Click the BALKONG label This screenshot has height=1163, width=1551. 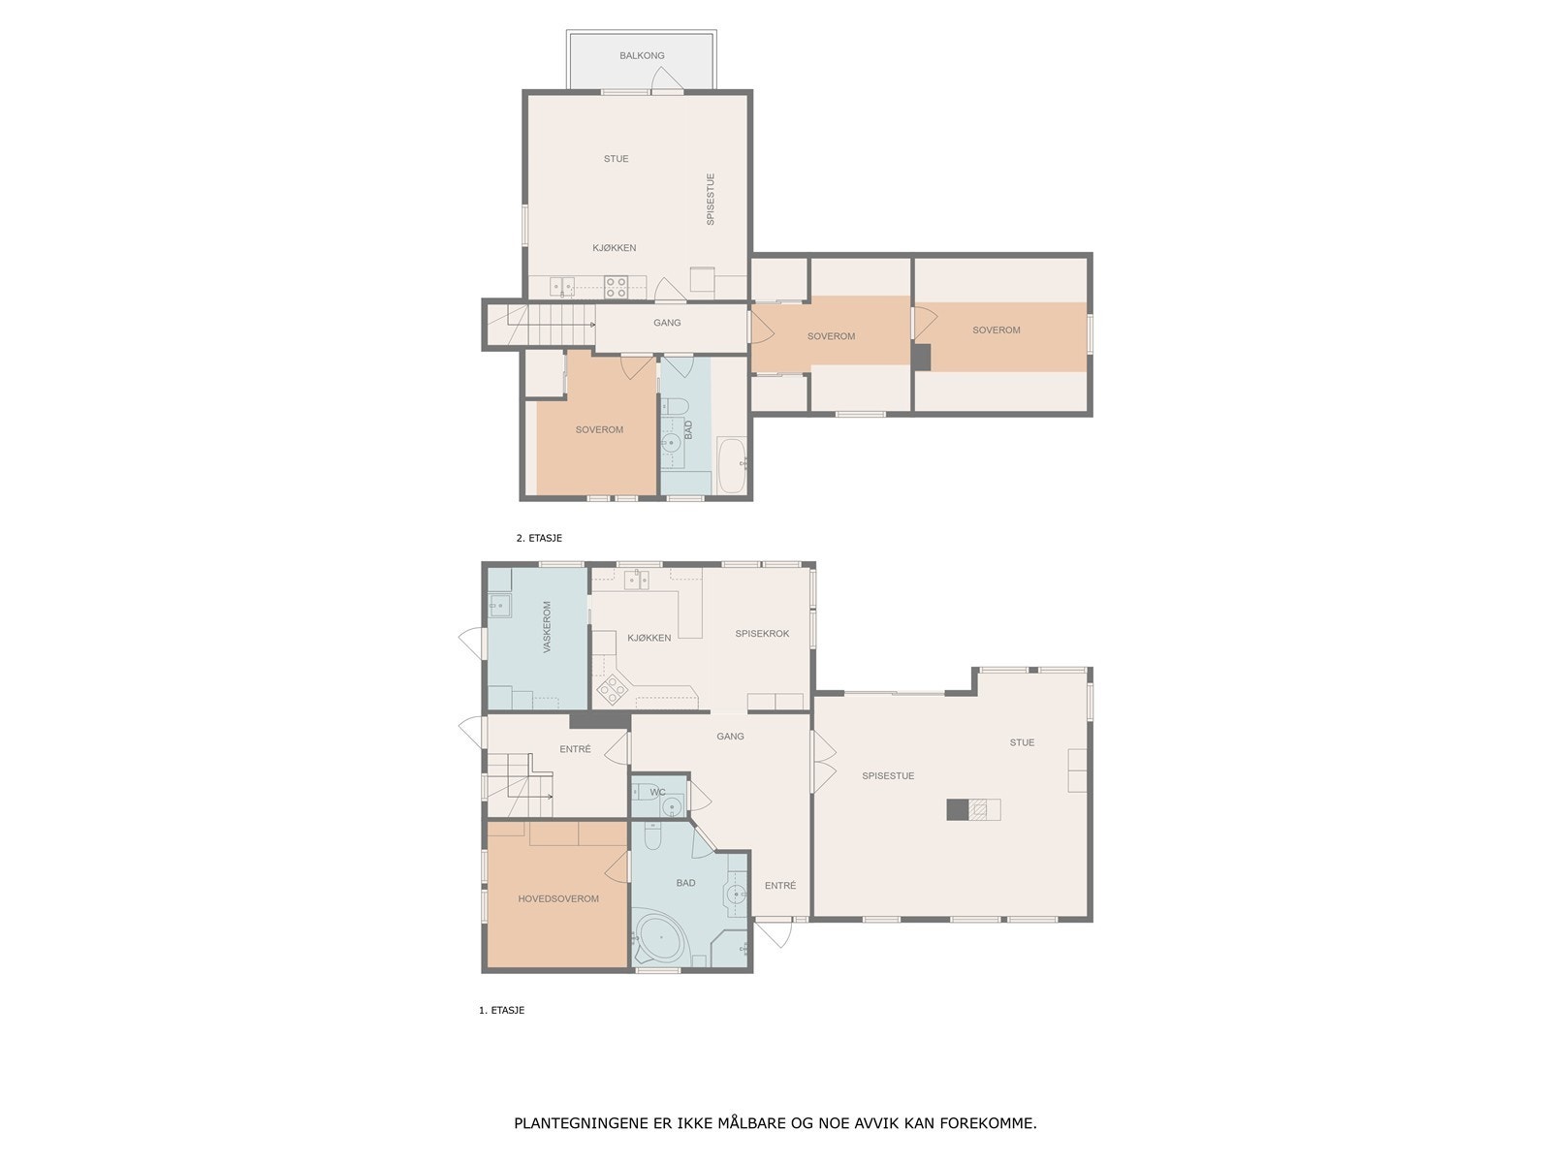pyautogui.click(x=642, y=56)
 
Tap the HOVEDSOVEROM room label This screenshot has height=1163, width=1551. pyautogui.click(x=558, y=899)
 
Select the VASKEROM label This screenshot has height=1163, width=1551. pyautogui.click(x=547, y=627)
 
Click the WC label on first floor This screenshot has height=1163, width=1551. pyautogui.click(x=657, y=792)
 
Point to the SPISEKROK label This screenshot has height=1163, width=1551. pyautogui.click(x=762, y=634)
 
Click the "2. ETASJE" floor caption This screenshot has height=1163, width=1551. pyautogui.click(x=539, y=538)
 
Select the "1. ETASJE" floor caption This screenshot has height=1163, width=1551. pyautogui.click(x=502, y=1011)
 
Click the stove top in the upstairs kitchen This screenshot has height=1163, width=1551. pyautogui.click(x=616, y=287)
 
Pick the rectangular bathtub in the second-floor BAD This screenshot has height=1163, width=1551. pyautogui.click(x=732, y=465)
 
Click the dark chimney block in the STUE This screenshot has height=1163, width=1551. pyautogui.click(x=958, y=809)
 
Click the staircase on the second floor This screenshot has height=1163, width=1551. pyautogui.click(x=542, y=325)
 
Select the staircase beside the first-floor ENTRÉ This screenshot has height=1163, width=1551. pyautogui.click(x=520, y=785)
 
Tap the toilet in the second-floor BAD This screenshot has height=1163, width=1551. pyautogui.click(x=674, y=406)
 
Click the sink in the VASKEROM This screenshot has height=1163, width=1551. pyautogui.click(x=500, y=605)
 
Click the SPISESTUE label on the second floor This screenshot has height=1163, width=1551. pyautogui.click(x=711, y=199)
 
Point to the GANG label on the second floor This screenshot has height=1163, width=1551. pyautogui.click(x=667, y=323)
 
